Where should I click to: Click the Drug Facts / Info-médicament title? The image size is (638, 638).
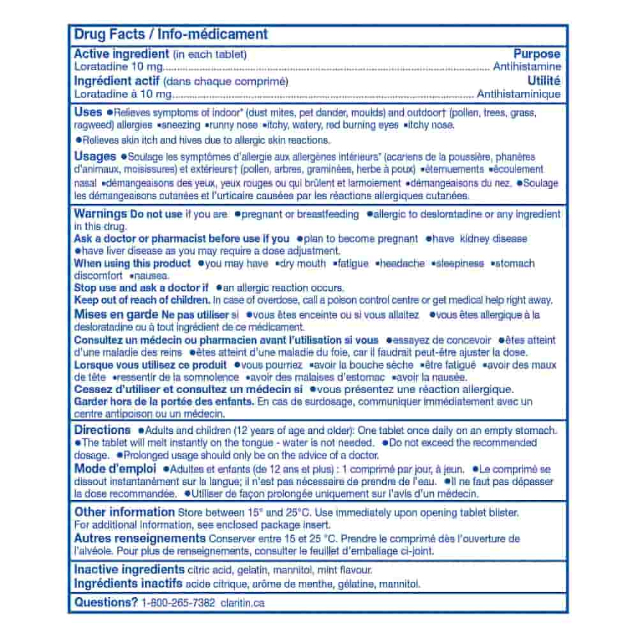171,34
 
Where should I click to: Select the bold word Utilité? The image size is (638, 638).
544,81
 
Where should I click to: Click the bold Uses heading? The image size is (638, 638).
88,112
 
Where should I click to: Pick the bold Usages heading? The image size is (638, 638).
95,156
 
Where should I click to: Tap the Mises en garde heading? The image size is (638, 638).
116,314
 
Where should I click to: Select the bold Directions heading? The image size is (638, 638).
102,430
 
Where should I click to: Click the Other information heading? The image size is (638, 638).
124,512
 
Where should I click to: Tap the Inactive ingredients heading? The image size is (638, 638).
130,570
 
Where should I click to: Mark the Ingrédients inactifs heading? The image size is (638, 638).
128,584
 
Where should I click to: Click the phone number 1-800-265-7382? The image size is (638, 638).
178,603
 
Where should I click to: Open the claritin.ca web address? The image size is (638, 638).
241,603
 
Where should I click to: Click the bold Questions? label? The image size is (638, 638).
106,602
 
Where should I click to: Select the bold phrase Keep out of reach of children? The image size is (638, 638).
142,300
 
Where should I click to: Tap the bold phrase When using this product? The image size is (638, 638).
132,263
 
